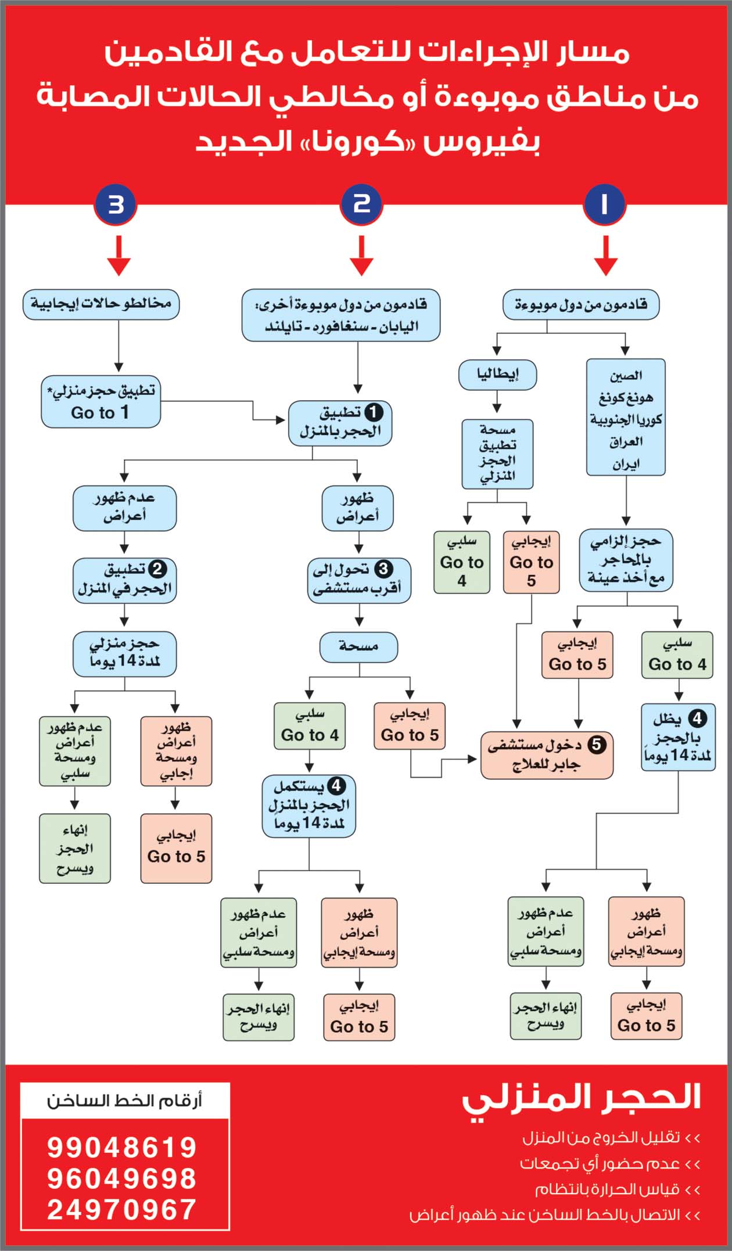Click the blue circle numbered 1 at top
pyautogui.click(x=604, y=204)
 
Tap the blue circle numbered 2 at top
pyautogui.click(x=361, y=204)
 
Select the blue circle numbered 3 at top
pyautogui.click(x=116, y=204)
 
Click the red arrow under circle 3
pyautogui.click(x=119, y=256)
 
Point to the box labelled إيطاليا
pyautogui.click(x=497, y=375)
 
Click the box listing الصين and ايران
pyautogui.click(x=625, y=417)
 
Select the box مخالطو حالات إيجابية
pyautogui.click(x=101, y=304)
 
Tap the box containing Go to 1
pyautogui.click(x=101, y=402)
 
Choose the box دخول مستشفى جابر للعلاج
pyautogui.click(x=547, y=755)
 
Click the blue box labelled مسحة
pyautogui.click(x=358, y=646)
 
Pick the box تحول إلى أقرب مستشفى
pyautogui.click(x=358, y=580)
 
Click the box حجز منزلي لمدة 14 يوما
pyautogui.click(x=124, y=654)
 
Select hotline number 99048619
pyautogui.click(x=122, y=1147)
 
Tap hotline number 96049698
pyautogui.click(x=122, y=1178)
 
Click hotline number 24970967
pyautogui.click(x=122, y=1210)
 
